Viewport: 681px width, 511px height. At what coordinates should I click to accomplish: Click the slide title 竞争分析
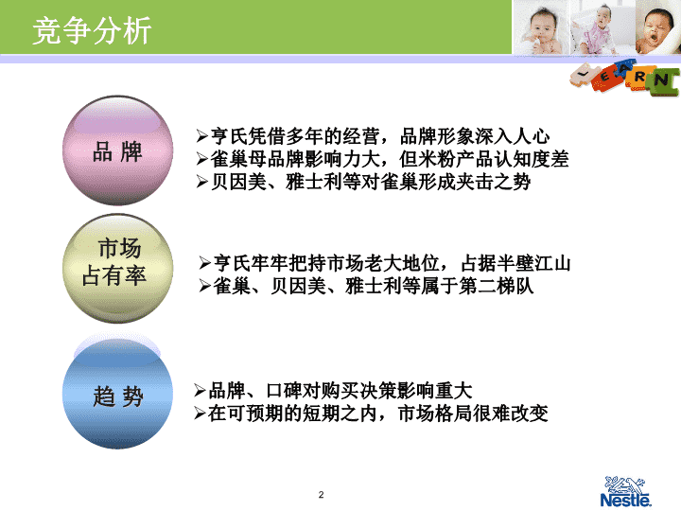pos(92,30)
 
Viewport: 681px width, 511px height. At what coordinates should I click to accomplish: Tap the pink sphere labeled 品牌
pos(117,150)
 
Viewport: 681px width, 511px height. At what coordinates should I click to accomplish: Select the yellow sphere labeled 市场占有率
pos(117,268)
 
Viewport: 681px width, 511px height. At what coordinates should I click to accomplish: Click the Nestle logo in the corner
pos(626,491)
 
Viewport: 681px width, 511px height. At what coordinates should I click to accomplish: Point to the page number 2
pos(321,495)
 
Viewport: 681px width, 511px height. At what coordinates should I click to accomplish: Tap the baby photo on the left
pos(542,26)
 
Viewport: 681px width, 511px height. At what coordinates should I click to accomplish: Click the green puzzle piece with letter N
pos(663,81)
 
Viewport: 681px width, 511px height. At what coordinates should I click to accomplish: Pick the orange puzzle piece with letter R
pos(638,78)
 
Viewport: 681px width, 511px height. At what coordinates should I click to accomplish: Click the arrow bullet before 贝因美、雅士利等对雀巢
pos(202,182)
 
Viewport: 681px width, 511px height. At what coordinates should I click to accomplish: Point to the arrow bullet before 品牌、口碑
pos(200,390)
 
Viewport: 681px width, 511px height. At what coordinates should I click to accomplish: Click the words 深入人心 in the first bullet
pos(512,136)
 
